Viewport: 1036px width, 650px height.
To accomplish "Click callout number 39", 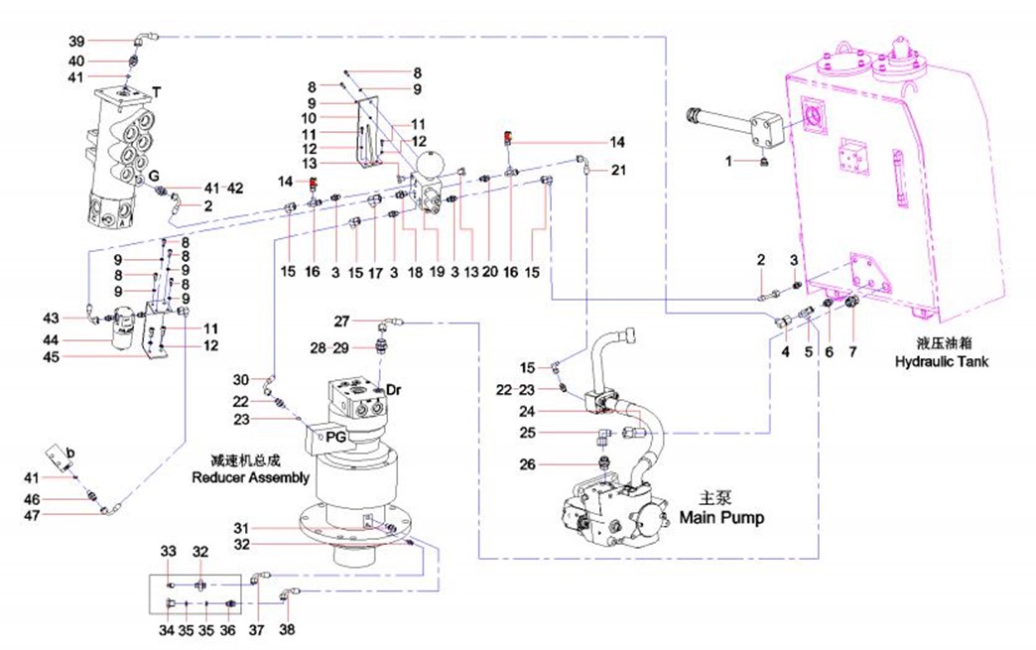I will tap(76, 41).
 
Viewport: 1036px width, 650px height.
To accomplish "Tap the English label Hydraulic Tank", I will tap(941, 362).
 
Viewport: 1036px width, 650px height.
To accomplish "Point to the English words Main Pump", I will tap(721, 517).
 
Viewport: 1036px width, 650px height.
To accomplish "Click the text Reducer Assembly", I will tap(250, 476).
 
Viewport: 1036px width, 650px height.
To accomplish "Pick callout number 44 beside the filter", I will tap(76, 340).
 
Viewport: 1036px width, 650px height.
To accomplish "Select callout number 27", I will tap(341, 322).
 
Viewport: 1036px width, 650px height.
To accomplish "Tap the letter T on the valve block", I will tap(157, 91).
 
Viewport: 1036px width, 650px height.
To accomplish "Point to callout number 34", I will tap(167, 629).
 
